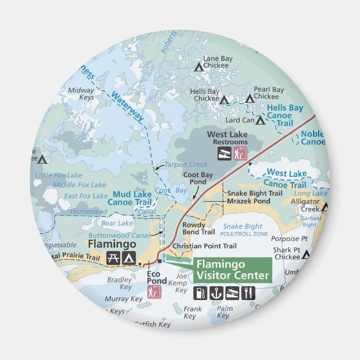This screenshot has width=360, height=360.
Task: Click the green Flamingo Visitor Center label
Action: click(x=232, y=269)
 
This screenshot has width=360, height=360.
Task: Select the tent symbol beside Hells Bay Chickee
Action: click(x=224, y=101)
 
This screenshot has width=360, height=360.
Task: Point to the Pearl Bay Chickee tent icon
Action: click(x=250, y=100)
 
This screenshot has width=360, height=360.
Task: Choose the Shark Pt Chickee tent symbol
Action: click(x=306, y=255)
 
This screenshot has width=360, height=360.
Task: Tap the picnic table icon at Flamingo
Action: click(x=113, y=258)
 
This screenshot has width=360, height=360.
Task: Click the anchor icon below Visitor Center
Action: click(x=216, y=292)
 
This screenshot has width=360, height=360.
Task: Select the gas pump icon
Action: click(x=200, y=292)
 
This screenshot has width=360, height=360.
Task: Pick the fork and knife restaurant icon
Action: click(x=248, y=292)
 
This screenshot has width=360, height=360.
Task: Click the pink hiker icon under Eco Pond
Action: click(x=154, y=291)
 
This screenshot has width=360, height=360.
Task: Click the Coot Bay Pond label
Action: click(x=198, y=178)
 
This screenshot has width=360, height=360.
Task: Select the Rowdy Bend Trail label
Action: click(x=198, y=228)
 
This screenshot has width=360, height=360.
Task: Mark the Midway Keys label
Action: click(x=81, y=93)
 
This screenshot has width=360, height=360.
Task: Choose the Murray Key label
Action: click(x=124, y=299)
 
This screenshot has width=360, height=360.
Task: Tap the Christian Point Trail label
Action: click(x=205, y=246)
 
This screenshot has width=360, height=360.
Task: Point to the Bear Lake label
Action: click(x=117, y=224)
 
